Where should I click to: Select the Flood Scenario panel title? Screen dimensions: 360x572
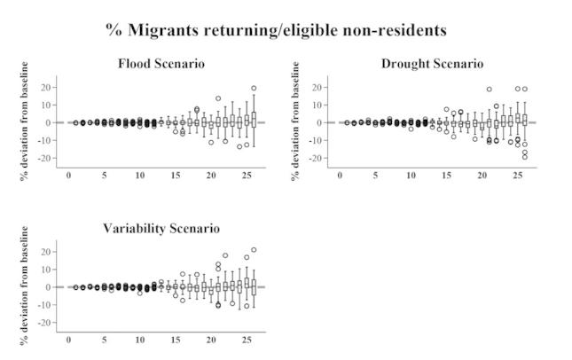(x=161, y=64)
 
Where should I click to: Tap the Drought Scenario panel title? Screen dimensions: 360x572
(x=432, y=64)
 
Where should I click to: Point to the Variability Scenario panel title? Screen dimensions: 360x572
(x=161, y=229)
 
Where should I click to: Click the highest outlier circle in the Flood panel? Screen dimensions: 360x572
(x=254, y=88)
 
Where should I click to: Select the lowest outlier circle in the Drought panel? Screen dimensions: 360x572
(x=524, y=157)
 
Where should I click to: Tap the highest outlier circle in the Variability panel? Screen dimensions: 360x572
(x=254, y=250)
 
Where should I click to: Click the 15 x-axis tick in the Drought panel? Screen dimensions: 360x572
(x=447, y=175)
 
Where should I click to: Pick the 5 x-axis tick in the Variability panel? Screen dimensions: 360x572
(x=105, y=340)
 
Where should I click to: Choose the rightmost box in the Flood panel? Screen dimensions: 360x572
(x=254, y=119)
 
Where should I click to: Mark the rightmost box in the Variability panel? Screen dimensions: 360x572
(x=254, y=286)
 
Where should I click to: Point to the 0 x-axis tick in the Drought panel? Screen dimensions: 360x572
(x=340, y=175)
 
